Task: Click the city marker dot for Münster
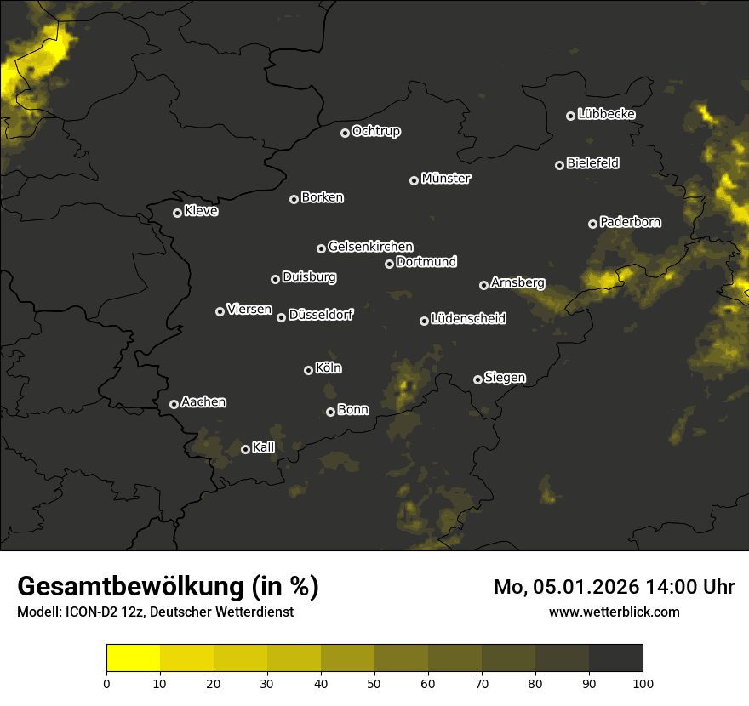point(415,180)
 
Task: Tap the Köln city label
point(329,368)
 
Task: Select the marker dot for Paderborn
point(593,224)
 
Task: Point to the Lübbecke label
point(606,114)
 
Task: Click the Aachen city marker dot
point(174,404)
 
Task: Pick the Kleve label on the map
point(201,211)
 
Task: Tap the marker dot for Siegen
point(477,379)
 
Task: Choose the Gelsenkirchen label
point(370,247)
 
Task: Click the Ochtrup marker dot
point(345,133)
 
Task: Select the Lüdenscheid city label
point(468,319)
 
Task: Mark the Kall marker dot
point(246,449)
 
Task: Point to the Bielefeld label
point(592,162)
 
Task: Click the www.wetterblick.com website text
point(614,612)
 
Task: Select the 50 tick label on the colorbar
point(374,682)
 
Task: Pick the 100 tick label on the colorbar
point(643,682)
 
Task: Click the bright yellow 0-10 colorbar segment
point(134,658)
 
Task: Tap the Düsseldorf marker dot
point(282,317)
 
